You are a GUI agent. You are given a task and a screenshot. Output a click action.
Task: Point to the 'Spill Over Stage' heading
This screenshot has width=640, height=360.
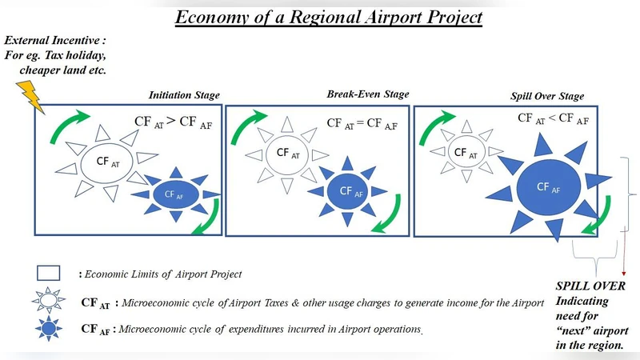pyautogui.click(x=547, y=96)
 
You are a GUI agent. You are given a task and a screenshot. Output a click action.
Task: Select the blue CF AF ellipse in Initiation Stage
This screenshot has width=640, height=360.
pyautogui.click(x=174, y=194)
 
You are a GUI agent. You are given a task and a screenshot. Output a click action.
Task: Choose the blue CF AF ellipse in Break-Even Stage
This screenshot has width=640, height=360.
pyautogui.click(x=346, y=190)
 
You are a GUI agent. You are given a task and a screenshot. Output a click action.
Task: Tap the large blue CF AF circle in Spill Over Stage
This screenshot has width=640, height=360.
pyautogui.click(x=547, y=187)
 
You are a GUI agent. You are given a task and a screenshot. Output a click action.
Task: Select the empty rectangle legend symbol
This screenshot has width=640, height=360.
pyautogui.click(x=47, y=273)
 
